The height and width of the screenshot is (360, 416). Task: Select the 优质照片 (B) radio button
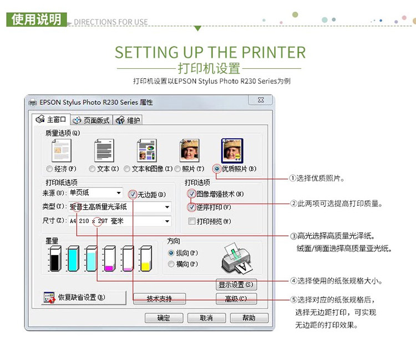click(x=217, y=169)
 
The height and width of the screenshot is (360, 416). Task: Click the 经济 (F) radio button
click(x=49, y=169)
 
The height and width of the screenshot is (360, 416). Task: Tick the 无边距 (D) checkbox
click(x=133, y=195)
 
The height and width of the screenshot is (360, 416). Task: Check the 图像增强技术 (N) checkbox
click(x=192, y=194)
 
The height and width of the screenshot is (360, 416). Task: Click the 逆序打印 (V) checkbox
click(x=192, y=207)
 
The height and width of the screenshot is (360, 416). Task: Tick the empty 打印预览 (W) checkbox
click(x=192, y=221)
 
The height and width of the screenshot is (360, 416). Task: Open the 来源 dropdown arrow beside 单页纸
click(x=119, y=193)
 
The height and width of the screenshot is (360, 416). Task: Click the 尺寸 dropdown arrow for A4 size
click(x=167, y=221)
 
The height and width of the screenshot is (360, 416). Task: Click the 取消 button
click(x=206, y=318)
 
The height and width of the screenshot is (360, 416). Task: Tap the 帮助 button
click(x=249, y=318)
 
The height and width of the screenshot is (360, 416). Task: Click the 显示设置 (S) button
click(x=236, y=285)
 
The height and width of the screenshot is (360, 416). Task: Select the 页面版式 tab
click(x=92, y=120)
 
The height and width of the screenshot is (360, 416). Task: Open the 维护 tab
click(x=128, y=120)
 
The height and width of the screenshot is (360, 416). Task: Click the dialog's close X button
click(x=261, y=100)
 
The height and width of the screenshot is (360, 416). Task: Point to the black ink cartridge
click(x=55, y=258)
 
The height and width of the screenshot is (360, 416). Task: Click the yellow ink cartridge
click(x=146, y=258)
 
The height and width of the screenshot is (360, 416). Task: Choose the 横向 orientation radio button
click(x=171, y=264)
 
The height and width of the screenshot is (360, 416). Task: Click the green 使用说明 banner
click(x=37, y=19)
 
